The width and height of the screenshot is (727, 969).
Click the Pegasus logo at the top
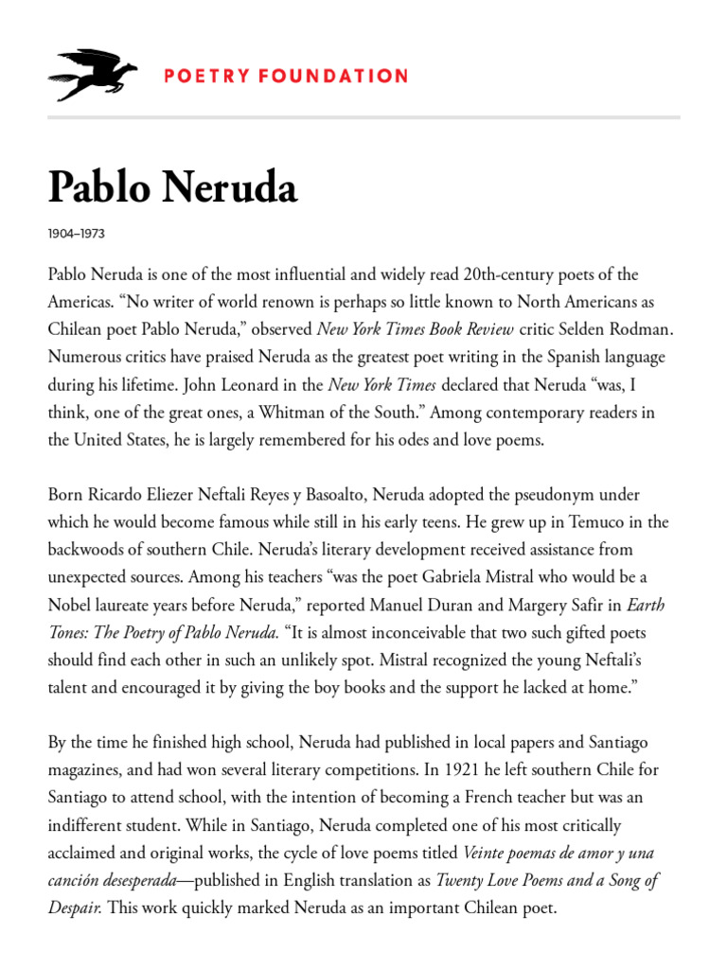pos(93,75)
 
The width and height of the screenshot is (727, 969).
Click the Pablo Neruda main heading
pos(172,188)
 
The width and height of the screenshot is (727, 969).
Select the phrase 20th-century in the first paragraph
pos(511,274)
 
